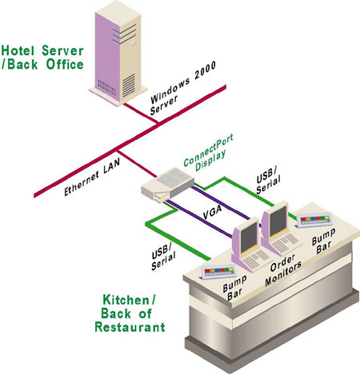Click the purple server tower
[118, 54]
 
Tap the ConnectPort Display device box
[167, 185]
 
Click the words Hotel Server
[42, 50]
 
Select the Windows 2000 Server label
[183, 89]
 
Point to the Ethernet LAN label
[91, 177]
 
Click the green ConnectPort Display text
[209, 153]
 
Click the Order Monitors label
[282, 269]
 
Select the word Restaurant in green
[130, 327]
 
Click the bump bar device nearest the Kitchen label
[218, 272]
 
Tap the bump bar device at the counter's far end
[314, 220]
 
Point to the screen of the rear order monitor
[278, 221]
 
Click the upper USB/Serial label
[268, 181]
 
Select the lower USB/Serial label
[163, 257]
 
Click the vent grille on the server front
[129, 86]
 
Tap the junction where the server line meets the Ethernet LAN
[158, 123]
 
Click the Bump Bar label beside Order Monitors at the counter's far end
[323, 241]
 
